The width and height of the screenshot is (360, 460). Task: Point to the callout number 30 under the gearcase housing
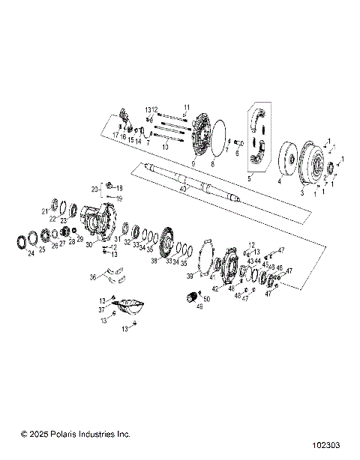pos(89,243)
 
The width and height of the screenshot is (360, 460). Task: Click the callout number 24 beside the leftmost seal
pos(31,253)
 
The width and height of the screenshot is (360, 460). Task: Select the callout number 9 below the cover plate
pos(193,163)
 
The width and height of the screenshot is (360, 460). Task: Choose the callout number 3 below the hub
pos(301,193)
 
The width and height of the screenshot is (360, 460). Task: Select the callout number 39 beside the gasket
pos(190,276)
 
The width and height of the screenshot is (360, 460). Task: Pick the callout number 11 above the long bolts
pos(187,107)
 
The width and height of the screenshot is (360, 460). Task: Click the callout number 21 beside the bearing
pos(45,211)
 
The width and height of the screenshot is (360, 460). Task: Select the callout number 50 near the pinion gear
pos(207,299)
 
